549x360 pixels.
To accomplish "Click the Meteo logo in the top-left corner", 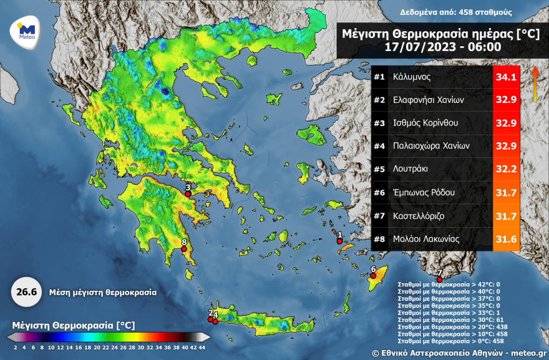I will coord(26,31).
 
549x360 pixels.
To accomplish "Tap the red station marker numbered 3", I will coord(188,194).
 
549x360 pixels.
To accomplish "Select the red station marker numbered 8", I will coord(185,250).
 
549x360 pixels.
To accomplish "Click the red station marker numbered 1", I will coord(339,241).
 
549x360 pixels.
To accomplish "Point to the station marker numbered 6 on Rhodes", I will coord(373,276).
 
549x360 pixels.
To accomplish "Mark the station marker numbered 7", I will coord(439,279).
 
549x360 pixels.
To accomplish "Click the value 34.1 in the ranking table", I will coord(506,77).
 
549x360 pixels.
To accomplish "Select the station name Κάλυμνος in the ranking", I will coord(412,77).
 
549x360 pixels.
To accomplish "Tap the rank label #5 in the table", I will coord(379,169).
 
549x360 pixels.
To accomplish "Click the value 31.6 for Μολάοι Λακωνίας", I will coord(506,238).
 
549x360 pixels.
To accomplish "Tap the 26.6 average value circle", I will coord(22,292).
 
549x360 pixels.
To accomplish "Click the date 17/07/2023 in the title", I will coord(411,46).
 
